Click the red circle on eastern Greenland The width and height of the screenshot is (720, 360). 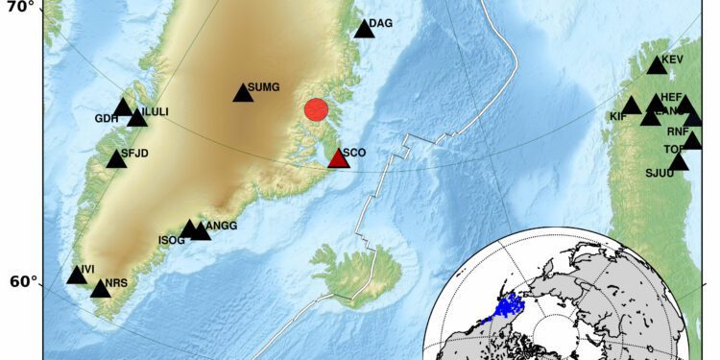pyautogui.click(x=316, y=109)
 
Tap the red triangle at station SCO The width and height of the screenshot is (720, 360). pyautogui.click(x=338, y=158)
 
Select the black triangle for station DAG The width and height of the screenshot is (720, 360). pyautogui.click(x=364, y=29)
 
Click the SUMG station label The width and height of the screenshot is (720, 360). pyautogui.click(x=263, y=87)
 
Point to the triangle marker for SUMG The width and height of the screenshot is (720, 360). pyautogui.click(x=243, y=93)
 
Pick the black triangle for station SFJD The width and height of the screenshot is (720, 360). pyautogui.click(x=116, y=159)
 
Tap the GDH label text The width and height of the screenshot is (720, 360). pyautogui.click(x=106, y=119)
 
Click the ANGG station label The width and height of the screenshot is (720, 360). pyautogui.click(x=221, y=226)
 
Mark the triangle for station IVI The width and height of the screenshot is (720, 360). pyautogui.click(x=77, y=276)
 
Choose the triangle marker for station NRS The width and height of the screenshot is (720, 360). pyautogui.click(x=100, y=289)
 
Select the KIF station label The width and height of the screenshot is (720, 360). pyautogui.click(x=618, y=117)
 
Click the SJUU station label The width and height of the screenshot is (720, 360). pyautogui.click(x=660, y=174)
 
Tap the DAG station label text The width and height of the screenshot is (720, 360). pyautogui.click(x=381, y=23)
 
